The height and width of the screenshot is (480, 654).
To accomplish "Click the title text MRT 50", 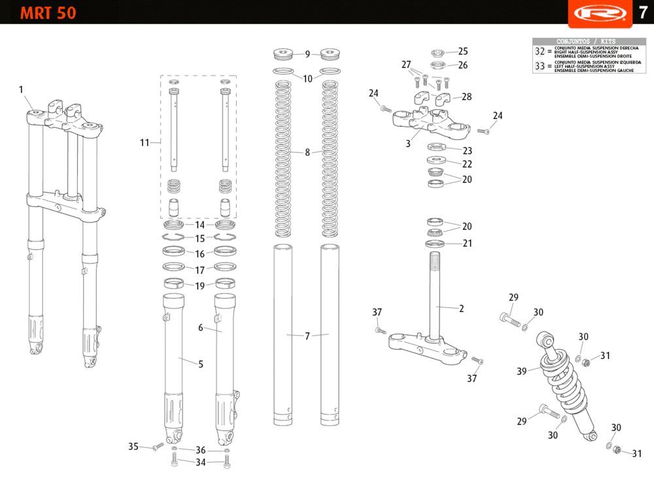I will click(x=48, y=12).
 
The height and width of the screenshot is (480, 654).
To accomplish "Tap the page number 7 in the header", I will click(x=642, y=12).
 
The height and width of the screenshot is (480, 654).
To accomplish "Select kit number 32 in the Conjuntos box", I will click(x=540, y=51).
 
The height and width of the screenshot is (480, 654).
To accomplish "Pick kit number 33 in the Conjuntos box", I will click(x=540, y=66).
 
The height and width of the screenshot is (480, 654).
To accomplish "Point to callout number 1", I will click(x=21, y=90).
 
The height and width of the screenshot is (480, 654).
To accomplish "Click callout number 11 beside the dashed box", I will click(x=145, y=142).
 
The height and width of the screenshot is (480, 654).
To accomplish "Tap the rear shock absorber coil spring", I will click(x=561, y=380).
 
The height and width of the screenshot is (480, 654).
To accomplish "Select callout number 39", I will click(x=521, y=371).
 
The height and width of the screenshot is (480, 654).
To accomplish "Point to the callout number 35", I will click(x=133, y=447).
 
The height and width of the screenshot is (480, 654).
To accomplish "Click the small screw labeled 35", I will click(x=156, y=447).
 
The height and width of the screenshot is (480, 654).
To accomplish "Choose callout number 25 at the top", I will click(x=463, y=51).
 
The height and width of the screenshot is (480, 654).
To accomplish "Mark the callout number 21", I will click(x=467, y=244).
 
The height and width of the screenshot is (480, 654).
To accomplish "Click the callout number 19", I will click(x=200, y=285).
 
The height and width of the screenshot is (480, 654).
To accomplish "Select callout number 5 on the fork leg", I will click(x=200, y=364).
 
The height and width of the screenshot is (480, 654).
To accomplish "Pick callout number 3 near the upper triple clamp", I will click(x=407, y=143).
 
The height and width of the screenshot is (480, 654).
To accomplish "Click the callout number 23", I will click(x=467, y=151).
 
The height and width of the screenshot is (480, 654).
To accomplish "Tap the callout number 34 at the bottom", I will click(x=200, y=462).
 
